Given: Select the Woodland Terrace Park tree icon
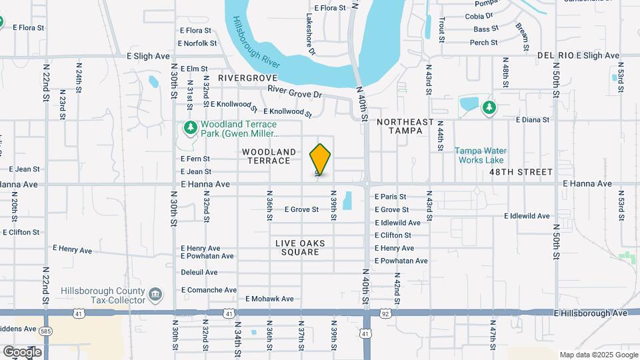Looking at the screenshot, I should point(190,127).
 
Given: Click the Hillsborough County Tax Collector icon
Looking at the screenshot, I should point(155,294).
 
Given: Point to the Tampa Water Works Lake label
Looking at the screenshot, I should point(480,155).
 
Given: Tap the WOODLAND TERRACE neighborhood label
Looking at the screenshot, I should point(269,157).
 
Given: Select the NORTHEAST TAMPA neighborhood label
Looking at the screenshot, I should point(405,126).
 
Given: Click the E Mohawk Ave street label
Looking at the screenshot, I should point(270,299).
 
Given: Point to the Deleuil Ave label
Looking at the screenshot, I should point(199,272).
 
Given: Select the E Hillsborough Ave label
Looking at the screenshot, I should point(591,313).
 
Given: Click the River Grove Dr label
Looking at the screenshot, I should point(295,91).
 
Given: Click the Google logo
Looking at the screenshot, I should point(21,351).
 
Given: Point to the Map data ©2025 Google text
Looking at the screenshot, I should point(598,355).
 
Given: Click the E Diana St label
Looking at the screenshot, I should point(533,120).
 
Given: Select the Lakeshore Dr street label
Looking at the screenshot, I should point(311,34).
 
